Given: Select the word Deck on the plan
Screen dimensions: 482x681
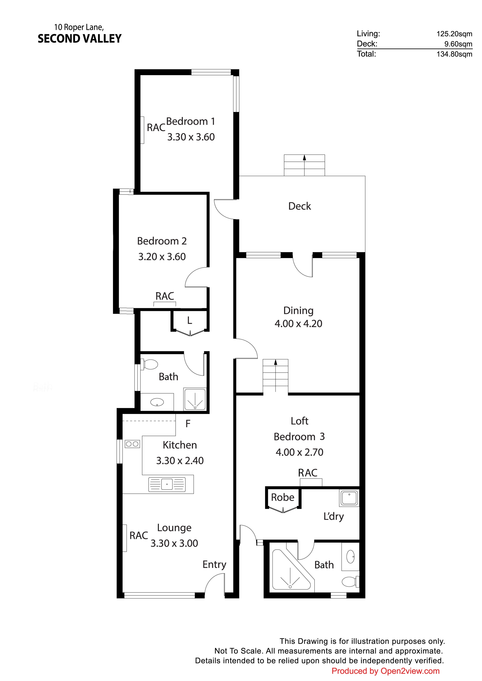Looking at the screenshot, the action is (300, 206).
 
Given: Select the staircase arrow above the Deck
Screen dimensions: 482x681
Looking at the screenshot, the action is (304, 165).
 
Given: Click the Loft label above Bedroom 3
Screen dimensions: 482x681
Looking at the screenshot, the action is (300, 421).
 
